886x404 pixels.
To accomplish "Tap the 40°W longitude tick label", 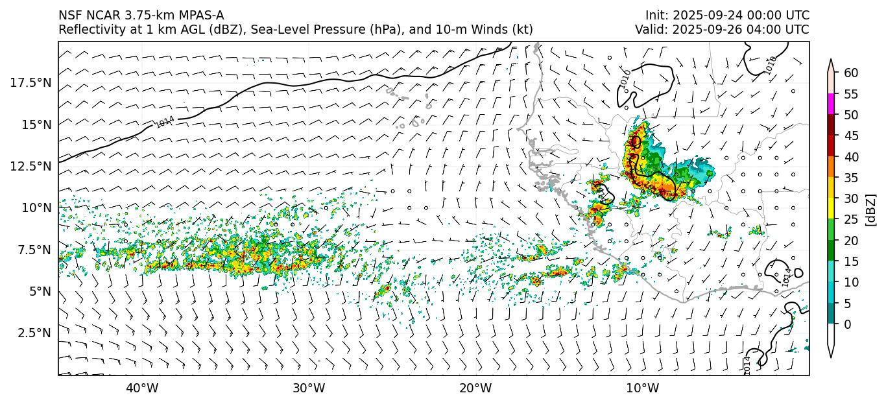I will pos(142,388).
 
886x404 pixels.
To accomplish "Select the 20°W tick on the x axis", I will pos(475,388).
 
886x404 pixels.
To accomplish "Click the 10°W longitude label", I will pos(643,388).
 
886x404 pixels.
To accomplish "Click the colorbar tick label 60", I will pos(851,73).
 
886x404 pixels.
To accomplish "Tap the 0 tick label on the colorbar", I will pos(848,324).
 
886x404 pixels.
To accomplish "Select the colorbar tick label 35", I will pos(851,178).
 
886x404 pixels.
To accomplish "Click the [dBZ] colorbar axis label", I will pos(871,209).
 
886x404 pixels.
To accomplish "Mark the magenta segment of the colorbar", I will pos(831,104).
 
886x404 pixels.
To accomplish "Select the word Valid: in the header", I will pos(651,30).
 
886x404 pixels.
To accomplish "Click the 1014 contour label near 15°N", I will pos(165,121).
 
